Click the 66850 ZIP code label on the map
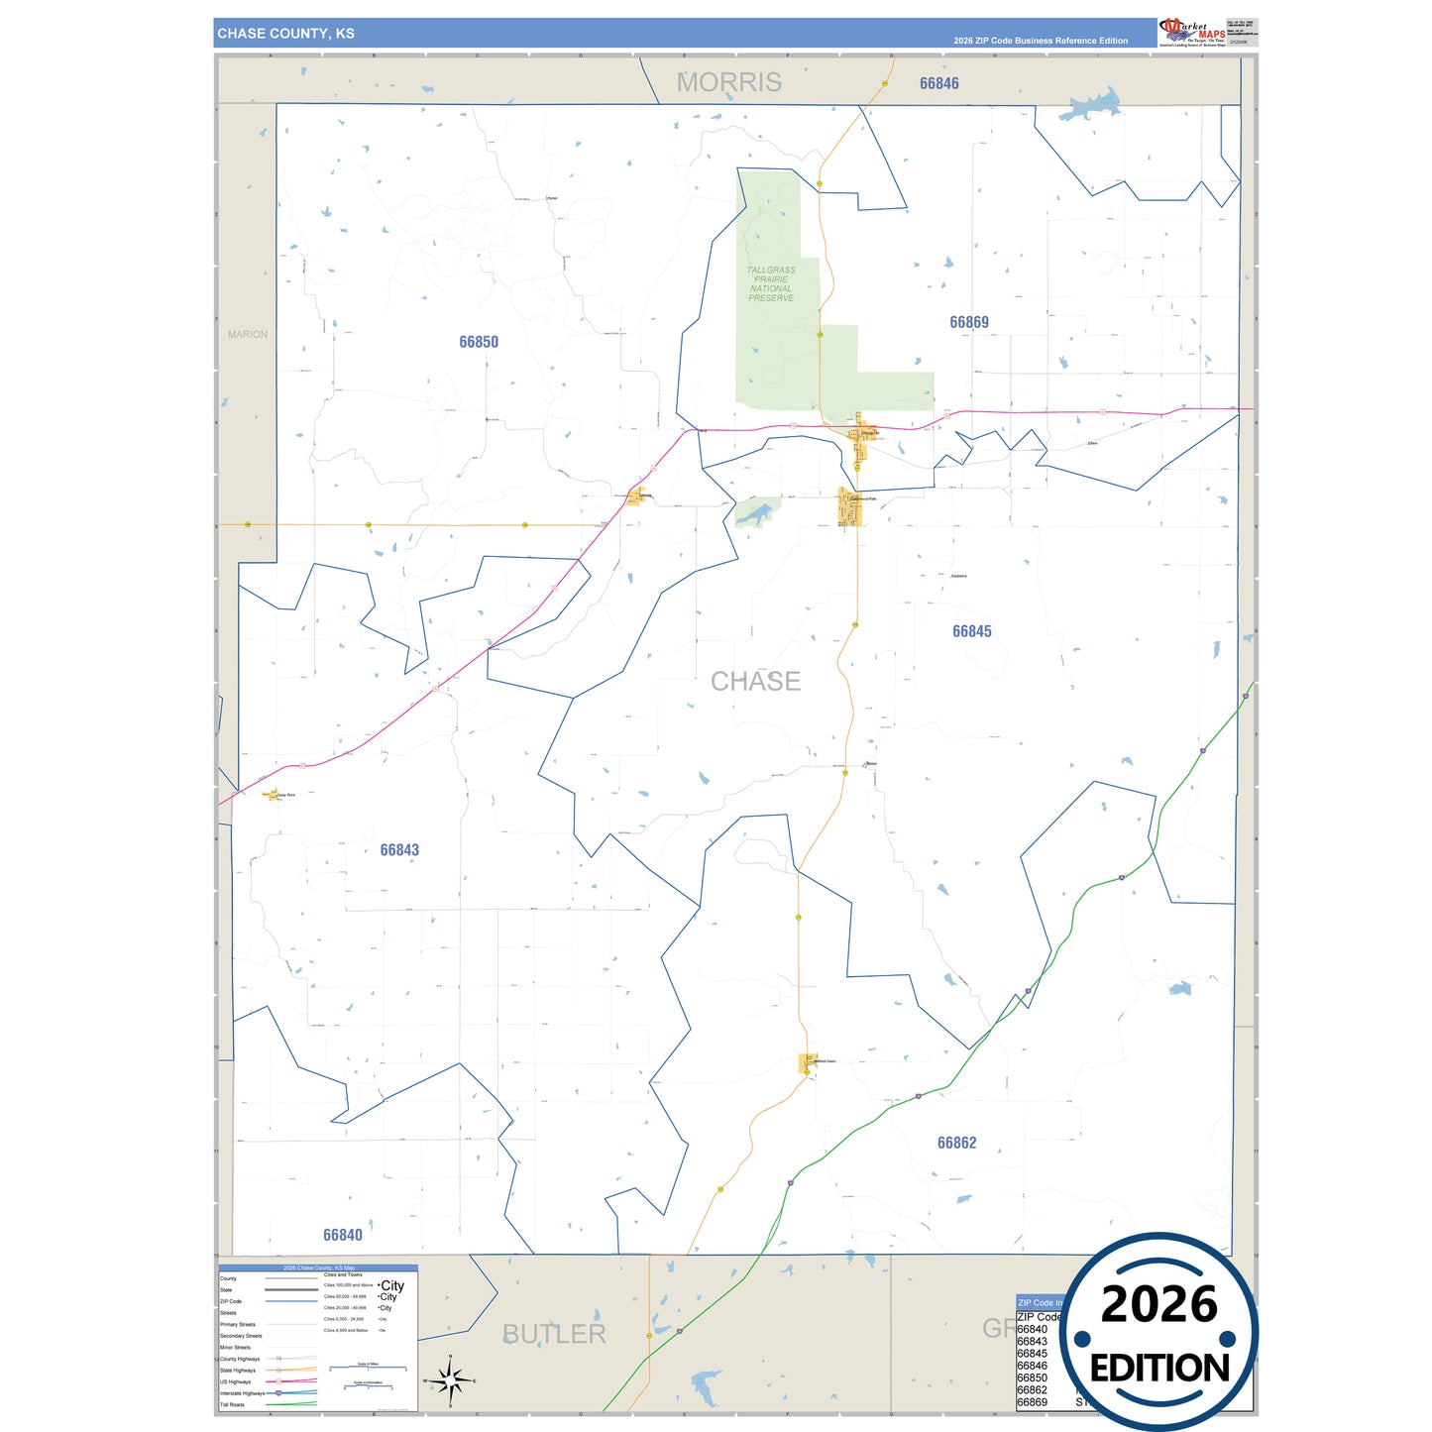click(x=479, y=342)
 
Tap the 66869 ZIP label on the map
click(x=969, y=322)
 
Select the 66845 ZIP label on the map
click(x=972, y=631)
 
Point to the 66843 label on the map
click(x=399, y=850)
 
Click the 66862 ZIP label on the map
click(x=957, y=1143)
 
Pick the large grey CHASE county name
click(x=755, y=682)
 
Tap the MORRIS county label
click(x=729, y=82)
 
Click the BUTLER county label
click(x=554, y=1334)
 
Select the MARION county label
click(x=248, y=335)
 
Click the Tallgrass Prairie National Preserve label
click(x=771, y=283)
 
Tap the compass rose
click(x=450, y=1379)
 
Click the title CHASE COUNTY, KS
click(x=286, y=34)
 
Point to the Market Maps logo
click(x=1192, y=32)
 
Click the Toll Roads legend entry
click(x=233, y=1404)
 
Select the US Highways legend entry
click(x=236, y=1381)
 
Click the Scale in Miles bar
click(x=369, y=1368)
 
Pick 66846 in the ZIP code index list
click(x=1033, y=1366)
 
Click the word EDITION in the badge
click(x=1159, y=1369)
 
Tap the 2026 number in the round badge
click(x=1159, y=1304)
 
